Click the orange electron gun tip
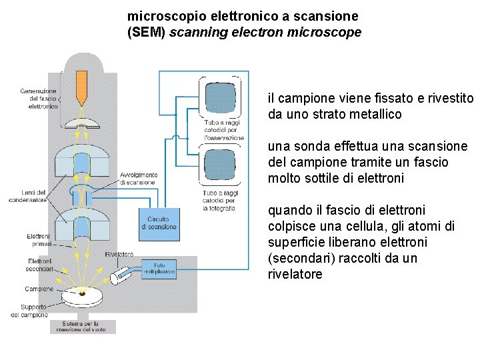tap(81, 87)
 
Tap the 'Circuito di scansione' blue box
tap(159, 223)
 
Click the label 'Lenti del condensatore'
tap(28, 196)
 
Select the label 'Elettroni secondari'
tap(40, 265)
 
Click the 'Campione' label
tap(39, 289)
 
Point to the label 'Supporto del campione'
tap(29, 311)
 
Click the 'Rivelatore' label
tap(119, 254)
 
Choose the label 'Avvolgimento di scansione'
tap(138, 179)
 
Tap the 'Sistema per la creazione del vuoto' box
tap(83, 327)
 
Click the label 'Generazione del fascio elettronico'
tap(38, 99)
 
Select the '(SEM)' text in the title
tap(146, 32)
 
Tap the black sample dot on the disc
tap(82, 293)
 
